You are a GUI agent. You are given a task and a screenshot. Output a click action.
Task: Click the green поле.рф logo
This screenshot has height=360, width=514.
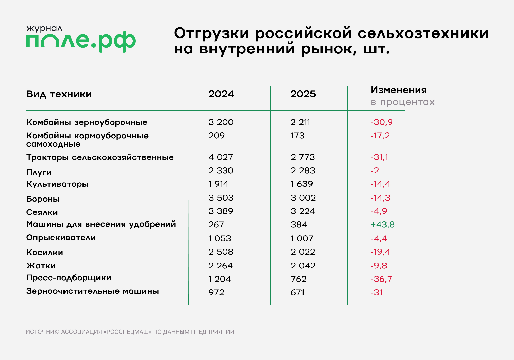coord(81,41)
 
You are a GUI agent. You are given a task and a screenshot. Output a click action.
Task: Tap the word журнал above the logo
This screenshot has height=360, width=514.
coord(44,28)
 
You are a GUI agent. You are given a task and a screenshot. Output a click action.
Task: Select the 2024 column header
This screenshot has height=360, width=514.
coord(221,94)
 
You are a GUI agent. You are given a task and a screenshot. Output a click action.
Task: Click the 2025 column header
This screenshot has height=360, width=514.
coord(303,94)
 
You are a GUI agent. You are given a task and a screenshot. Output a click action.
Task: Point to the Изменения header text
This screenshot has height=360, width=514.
coord(399,90)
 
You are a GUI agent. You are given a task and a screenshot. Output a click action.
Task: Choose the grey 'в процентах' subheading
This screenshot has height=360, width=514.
coord(402,102)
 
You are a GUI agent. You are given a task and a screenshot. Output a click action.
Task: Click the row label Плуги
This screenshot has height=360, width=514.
coord(39,172)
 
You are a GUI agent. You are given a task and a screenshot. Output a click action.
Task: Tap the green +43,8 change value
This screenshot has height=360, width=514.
coord(382,224)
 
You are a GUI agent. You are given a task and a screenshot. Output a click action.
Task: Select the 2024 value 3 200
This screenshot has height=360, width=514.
coord(221,122)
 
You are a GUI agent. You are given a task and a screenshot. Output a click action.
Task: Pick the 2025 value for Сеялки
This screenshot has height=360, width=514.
coord(303,211)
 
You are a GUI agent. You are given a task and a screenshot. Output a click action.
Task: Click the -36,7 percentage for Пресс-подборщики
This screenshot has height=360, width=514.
coord(381,279)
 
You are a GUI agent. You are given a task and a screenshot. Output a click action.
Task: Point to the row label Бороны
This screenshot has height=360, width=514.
coord(43,199)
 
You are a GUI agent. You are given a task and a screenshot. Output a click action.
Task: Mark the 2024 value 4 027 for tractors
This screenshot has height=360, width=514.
coord(221,157)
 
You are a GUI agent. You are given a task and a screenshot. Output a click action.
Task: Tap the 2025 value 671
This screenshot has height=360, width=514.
coord(297,292)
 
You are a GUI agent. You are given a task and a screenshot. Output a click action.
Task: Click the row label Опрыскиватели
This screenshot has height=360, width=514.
coord(61,238)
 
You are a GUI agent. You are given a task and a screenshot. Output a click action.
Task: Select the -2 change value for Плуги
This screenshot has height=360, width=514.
coord(375,170)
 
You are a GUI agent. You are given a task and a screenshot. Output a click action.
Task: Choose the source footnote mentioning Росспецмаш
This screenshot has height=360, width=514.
coord(130,332)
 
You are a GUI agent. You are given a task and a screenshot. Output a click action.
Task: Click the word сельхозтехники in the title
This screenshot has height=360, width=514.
coord(423,33)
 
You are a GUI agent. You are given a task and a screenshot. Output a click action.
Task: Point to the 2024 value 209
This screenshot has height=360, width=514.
coord(216,136)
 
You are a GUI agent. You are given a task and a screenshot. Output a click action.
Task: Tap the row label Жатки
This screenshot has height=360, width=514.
coord(41,266)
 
